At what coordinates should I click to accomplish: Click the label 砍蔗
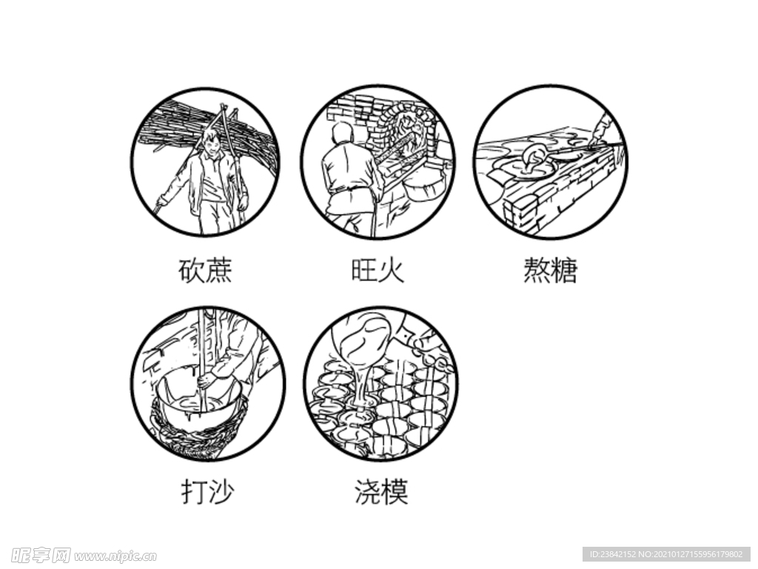coord(206,270)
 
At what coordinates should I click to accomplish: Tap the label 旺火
coord(378,270)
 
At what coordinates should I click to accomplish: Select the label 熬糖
coord(549,270)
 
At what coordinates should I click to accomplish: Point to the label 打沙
coord(207,491)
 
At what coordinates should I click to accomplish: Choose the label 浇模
coord(381,491)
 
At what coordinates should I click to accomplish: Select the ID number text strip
coord(666,554)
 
